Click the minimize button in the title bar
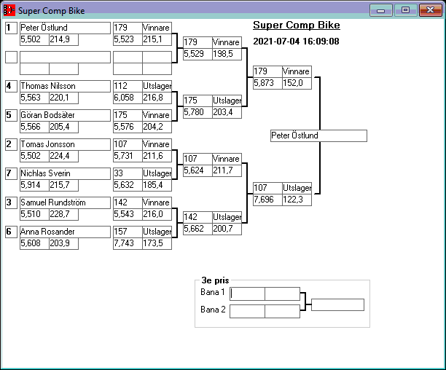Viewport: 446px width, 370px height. [x=380, y=10]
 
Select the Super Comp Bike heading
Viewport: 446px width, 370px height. [x=296, y=25]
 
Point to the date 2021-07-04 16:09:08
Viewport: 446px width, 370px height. [x=296, y=42]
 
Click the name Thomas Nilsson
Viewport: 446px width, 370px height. [x=48, y=86]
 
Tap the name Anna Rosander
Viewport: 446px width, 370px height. [x=48, y=232]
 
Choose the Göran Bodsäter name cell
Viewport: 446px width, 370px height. [x=48, y=115]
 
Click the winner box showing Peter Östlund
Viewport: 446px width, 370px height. [x=318, y=135]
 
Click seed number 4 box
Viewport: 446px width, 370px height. [x=9, y=86]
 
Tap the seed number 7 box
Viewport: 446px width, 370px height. [x=9, y=173]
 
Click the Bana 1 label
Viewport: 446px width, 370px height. [x=213, y=293]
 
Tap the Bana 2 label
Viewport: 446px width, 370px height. [x=213, y=310]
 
